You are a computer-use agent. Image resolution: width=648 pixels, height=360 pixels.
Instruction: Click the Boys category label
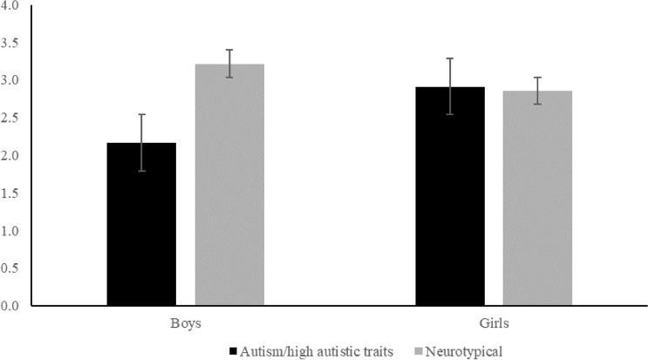(185, 323)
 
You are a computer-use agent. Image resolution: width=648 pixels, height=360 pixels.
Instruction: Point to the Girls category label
(494, 323)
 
